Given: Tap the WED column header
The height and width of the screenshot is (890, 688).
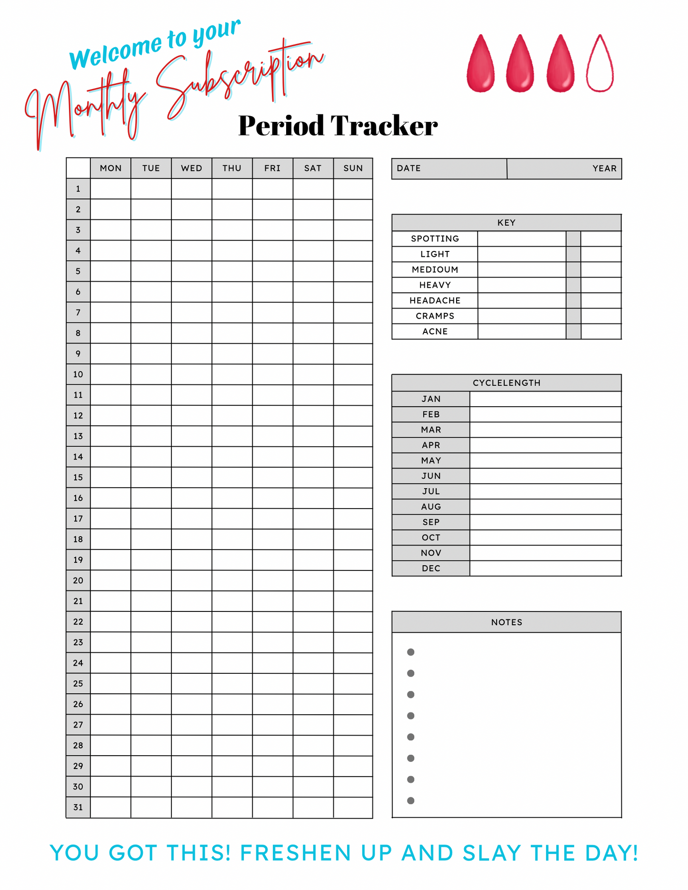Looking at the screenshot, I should pos(191,168).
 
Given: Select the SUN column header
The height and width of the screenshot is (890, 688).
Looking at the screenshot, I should pos(353,168).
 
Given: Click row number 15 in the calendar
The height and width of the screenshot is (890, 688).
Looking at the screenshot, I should pos(78,477).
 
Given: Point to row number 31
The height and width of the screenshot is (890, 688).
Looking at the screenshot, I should pos(78,807).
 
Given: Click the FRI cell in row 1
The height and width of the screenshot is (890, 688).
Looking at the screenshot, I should pos(272,189).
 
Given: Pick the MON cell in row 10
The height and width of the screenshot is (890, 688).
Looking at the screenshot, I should pos(110,374).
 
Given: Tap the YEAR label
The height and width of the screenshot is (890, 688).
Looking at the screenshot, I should pos(604,169).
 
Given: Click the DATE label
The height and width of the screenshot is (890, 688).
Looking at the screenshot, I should pos(409,169).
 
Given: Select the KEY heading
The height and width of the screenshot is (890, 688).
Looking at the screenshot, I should pos(506,223).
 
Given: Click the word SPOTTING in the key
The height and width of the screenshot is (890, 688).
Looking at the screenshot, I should pos(435,239).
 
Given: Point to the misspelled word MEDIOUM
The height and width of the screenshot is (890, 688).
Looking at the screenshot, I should pos(435,270).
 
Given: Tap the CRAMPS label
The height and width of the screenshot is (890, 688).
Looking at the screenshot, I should pos(435,316).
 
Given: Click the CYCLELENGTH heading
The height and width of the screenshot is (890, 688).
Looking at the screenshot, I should pos(506,383).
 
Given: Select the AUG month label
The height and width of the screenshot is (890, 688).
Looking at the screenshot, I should pos(431,507).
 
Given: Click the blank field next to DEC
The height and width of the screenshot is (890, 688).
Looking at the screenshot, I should pos(545,569).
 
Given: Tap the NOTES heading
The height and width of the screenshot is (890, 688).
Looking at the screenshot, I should pos(506,622).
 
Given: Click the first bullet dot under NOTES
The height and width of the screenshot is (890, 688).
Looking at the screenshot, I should pos(410,652).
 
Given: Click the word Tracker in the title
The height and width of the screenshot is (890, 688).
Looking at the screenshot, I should pos(384,126).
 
